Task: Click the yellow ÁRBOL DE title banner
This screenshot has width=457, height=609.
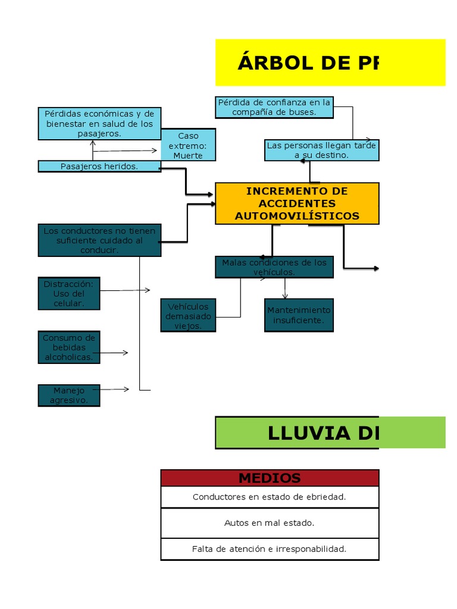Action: [x=330, y=62]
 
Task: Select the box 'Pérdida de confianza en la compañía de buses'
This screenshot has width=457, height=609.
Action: [x=274, y=107]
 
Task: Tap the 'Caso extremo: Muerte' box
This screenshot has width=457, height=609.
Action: [x=188, y=145]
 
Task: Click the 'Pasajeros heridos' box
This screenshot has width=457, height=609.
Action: [x=99, y=167]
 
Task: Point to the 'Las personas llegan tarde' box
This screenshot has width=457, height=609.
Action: [x=321, y=150]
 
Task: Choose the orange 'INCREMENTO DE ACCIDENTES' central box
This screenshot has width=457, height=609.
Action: [x=297, y=203]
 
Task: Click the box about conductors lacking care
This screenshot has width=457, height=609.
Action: [x=99, y=240]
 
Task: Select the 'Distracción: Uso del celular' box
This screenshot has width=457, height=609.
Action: [x=69, y=294]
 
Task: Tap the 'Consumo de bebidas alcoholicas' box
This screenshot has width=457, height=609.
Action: [x=69, y=347]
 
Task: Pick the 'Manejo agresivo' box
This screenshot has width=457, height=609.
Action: [x=69, y=395]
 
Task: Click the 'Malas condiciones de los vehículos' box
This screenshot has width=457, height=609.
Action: [x=274, y=267]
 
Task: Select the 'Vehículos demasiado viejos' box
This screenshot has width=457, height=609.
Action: [x=188, y=316]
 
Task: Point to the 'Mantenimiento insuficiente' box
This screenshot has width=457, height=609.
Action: [x=299, y=315]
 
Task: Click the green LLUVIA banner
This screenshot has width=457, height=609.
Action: [x=330, y=432]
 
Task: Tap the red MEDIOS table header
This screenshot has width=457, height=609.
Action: [x=270, y=478]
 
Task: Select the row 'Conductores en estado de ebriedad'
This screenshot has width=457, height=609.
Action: [x=270, y=497]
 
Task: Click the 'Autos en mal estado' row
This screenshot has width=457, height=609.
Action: [x=270, y=523]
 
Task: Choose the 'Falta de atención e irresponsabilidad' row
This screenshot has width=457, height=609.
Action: [x=270, y=549]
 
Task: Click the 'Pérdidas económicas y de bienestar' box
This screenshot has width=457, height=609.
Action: [x=99, y=124]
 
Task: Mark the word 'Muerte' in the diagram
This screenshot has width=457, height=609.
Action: [x=188, y=156]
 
